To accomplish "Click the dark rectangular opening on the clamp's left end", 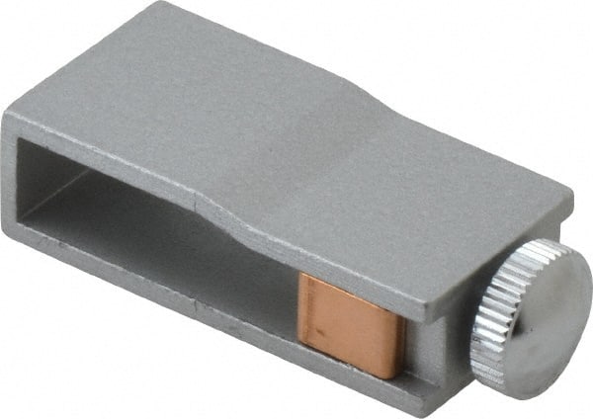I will click(79, 188).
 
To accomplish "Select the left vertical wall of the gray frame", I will click(12, 178).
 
